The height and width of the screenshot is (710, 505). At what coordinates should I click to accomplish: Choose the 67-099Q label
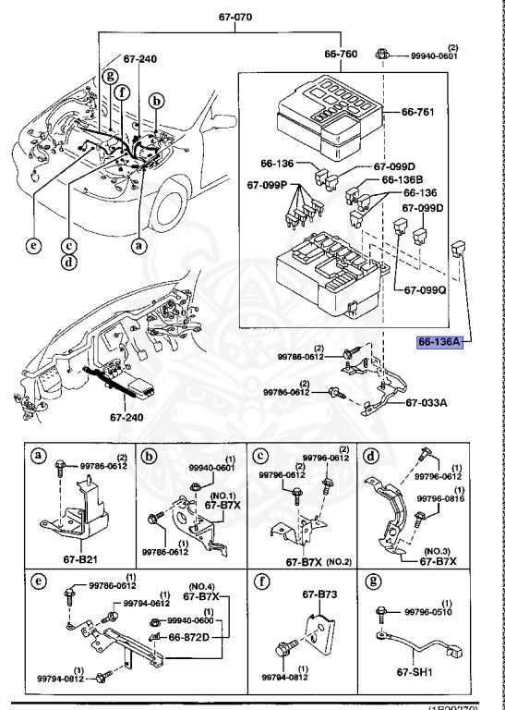423,289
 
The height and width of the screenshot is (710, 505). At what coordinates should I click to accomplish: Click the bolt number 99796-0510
431,611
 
